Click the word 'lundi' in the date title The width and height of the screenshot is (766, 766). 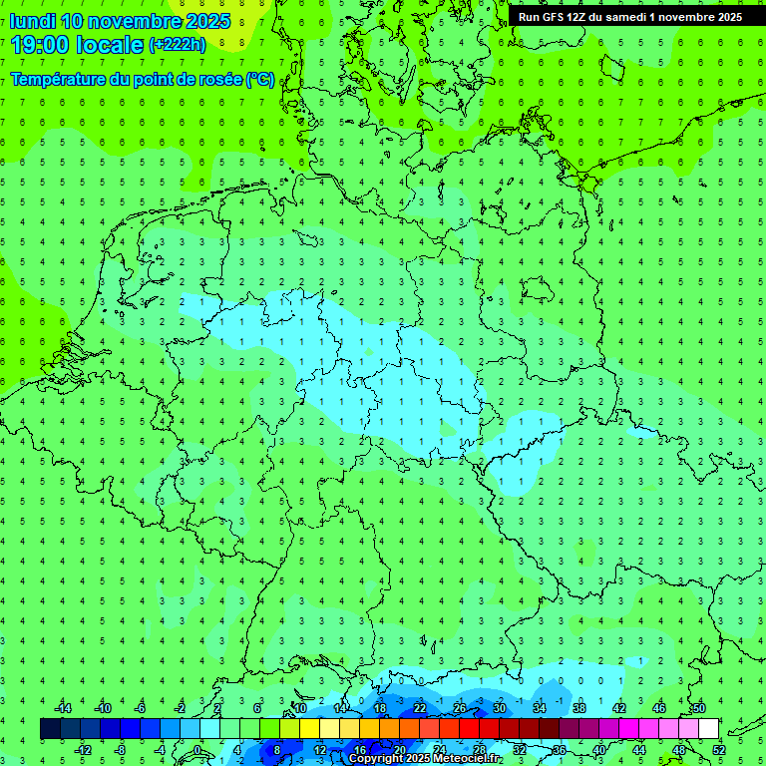tap(32, 21)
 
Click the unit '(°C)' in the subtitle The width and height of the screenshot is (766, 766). tap(259, 79)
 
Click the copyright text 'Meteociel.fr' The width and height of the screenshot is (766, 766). tap(463, 758)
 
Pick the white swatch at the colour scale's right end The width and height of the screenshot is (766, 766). tap(708, 729)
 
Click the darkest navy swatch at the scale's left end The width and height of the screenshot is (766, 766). tap(50, 729)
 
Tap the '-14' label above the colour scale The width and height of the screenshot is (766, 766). tap(62, 708)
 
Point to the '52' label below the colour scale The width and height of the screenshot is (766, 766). tap(719, 750)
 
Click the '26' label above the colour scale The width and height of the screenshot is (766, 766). tap(460, 708)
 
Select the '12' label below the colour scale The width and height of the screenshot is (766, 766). tap(320, 750)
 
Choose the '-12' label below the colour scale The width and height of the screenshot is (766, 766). tap(83, 750)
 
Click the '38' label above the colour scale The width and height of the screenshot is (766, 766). tap(579, 708)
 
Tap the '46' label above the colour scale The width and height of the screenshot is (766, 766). tap(659, 708)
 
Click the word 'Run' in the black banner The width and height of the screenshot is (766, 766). tap(530, 17)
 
